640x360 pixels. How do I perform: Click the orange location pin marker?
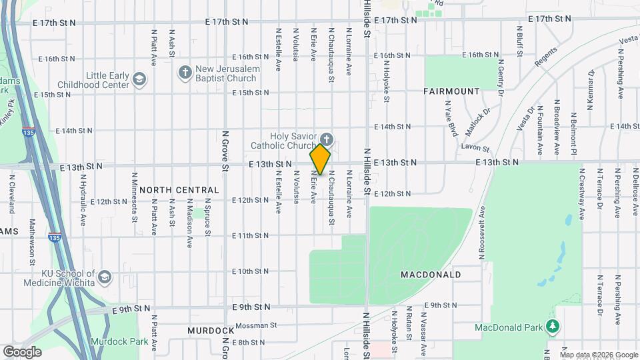[320, 159]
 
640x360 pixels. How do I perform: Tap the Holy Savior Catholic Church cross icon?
[328, 139]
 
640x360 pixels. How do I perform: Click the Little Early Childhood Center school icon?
[139, 79]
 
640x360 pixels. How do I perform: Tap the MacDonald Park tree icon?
[551, 327]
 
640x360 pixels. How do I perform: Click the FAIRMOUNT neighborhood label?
[451, 91]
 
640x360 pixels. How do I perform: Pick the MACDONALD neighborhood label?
[431, 275]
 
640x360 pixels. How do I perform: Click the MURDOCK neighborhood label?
[211, 331]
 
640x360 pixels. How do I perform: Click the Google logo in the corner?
[22, 351]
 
